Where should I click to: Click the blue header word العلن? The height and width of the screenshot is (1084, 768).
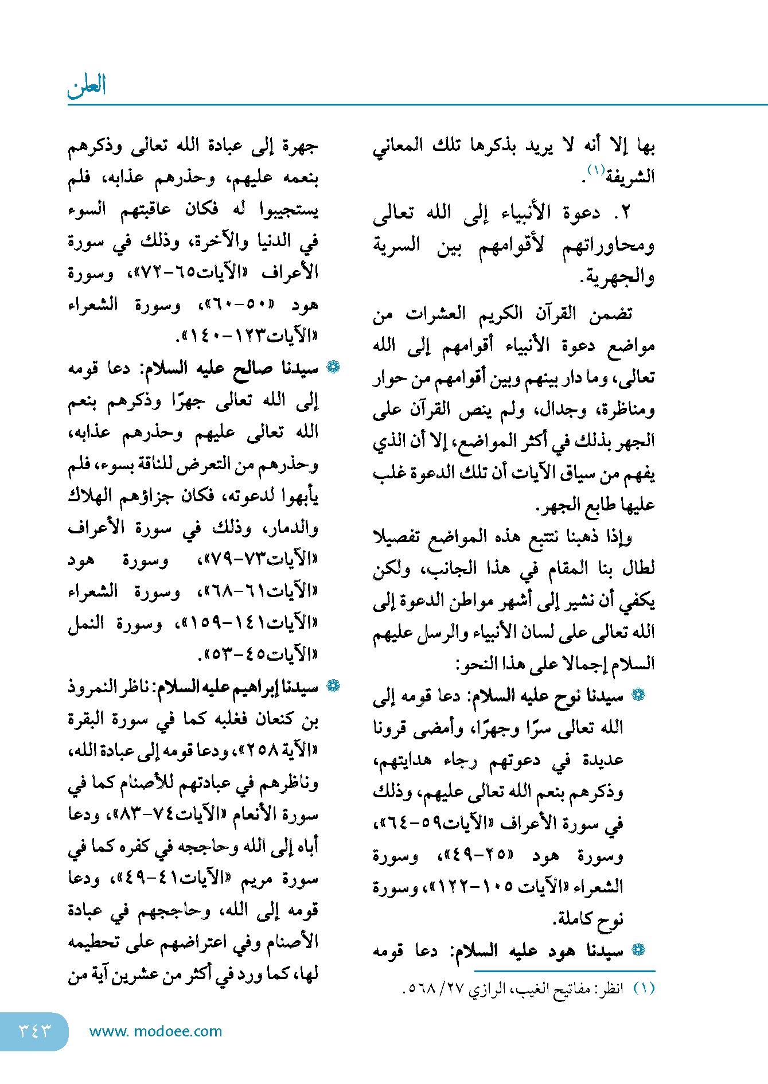coord(87,85)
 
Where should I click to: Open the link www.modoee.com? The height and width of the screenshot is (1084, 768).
coord(155,1031)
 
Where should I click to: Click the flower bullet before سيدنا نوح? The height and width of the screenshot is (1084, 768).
coord(638,695)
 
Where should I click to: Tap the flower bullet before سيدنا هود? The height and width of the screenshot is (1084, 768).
coord(638,950)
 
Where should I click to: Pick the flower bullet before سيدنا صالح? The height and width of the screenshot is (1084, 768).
coord(333,367)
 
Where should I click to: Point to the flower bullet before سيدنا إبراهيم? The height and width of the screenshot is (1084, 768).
coord(333,685)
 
